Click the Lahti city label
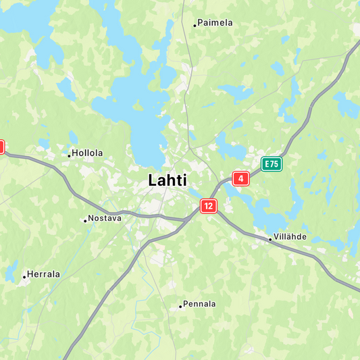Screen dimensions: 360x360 168,180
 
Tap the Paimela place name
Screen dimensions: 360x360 215,23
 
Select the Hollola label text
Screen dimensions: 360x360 87,153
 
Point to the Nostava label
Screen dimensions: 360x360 105,218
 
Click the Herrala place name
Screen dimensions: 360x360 44,274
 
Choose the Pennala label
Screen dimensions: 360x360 199,304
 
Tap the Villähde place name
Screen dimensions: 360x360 291,237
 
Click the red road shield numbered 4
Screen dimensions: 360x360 240,179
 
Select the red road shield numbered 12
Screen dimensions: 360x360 209,206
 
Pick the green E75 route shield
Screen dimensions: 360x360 272,163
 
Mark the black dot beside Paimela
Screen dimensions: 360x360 195,25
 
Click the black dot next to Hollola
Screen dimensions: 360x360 69,155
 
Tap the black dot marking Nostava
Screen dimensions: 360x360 85,220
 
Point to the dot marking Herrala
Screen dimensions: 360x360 24,276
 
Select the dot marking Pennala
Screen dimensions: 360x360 180,306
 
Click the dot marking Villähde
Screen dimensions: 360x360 271,239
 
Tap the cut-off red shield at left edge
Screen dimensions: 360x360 1,147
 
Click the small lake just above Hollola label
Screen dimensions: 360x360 73,137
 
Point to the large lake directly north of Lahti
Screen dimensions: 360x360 142,115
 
